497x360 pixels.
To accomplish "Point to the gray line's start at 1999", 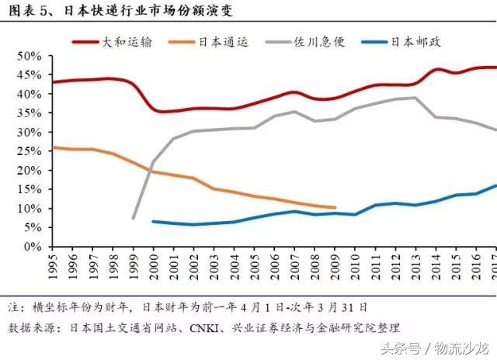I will pos(134,218).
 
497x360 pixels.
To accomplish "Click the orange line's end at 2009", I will pos(335,208).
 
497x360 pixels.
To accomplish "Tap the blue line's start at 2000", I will pos(153,221).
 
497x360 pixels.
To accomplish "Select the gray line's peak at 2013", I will pos(415,98).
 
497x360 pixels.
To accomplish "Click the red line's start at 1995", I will pos(53,82).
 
